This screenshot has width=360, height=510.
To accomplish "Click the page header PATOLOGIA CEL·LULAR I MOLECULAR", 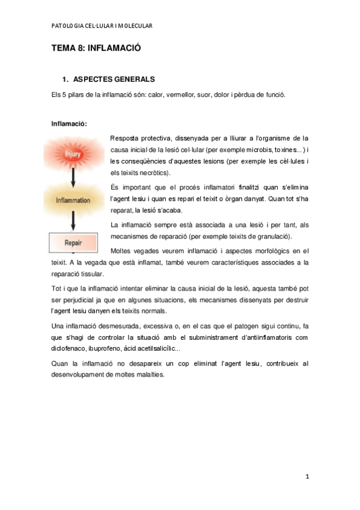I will (x=102, y=26).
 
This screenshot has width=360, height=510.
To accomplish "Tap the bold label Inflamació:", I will (x=70, y=124).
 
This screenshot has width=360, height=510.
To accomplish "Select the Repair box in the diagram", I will (x=73, y=243).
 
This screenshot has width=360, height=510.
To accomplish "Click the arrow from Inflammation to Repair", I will (x=73, y=221).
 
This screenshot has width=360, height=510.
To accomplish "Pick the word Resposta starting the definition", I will (x=125, y=138).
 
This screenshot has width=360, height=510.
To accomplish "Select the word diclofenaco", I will (x=70, y=349).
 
